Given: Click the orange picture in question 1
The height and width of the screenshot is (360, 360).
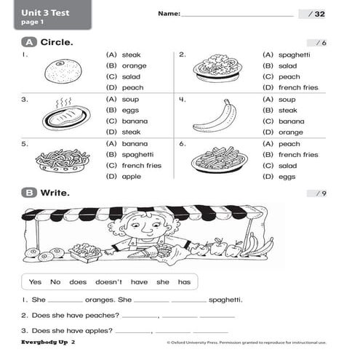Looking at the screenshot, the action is (57, 71).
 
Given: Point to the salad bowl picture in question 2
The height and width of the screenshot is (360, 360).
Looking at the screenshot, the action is (217, 68).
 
